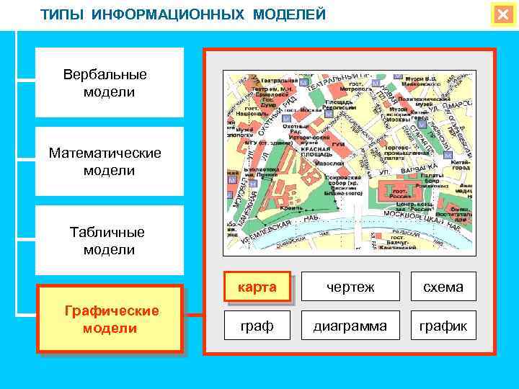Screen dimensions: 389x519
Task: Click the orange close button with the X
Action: point(502,15)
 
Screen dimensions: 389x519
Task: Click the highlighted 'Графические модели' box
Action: point(110,319)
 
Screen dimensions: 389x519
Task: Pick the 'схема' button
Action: point(443,287)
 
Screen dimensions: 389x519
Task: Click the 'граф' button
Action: point(257,326)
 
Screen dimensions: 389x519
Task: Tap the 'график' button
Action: point(443,326)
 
